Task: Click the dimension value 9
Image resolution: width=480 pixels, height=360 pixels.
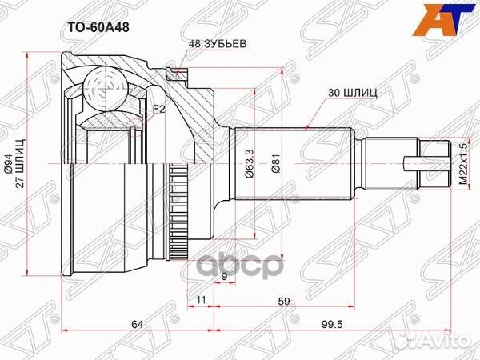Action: tap(225, 277)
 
